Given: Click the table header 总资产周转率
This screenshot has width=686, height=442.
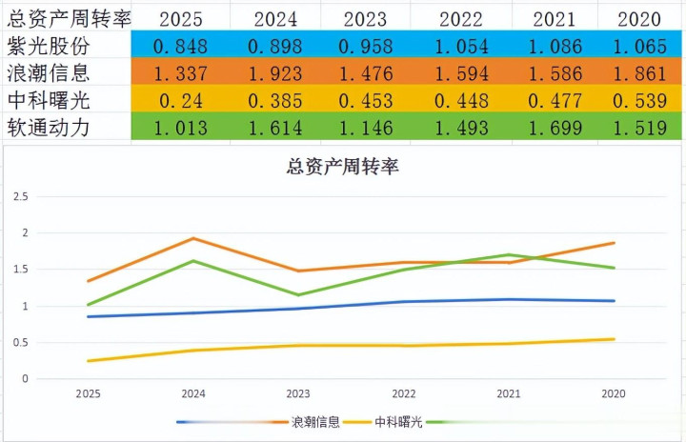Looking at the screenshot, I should pos(67,17).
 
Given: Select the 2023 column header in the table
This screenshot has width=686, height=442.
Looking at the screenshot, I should pos(365,18).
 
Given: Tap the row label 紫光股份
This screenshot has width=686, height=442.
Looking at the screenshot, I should pos(49,45).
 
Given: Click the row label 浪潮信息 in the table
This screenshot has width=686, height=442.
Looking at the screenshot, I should pos(49,72).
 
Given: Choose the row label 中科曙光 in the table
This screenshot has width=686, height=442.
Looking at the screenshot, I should pos(49,100).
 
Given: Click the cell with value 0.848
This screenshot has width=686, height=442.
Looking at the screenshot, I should pos(187,46).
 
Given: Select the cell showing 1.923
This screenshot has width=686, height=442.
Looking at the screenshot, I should pos(275,73).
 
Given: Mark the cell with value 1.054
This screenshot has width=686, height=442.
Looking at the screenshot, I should pos(461,46).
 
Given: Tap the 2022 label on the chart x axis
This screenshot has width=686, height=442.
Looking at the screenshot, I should pos(403,392).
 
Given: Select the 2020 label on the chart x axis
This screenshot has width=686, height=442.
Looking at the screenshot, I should pos(614,392).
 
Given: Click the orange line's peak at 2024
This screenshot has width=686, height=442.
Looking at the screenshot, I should pos(193,238).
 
